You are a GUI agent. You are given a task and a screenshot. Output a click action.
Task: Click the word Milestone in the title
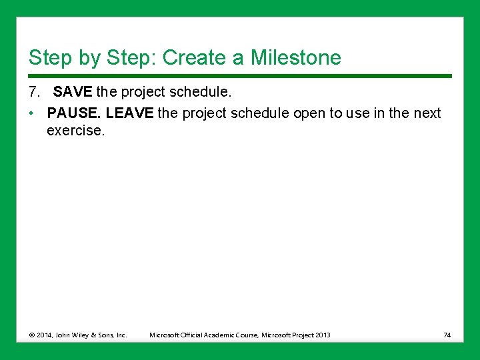pos(295,58)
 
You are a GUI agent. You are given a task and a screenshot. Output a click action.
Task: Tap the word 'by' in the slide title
pos(89,58)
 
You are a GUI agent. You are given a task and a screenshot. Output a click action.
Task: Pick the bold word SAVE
pos(73,91)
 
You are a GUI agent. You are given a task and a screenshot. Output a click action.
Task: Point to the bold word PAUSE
pos(73,113)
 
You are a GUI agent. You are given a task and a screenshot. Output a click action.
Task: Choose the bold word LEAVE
pos(129,113)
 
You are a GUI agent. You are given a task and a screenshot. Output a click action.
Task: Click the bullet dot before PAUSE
pos(32,113)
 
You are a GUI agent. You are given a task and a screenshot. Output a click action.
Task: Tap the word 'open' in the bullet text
pos(309,113)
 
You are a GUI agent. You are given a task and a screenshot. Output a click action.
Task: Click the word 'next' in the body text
pos(427,113)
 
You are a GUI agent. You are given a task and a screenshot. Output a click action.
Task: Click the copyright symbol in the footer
pos(31,335)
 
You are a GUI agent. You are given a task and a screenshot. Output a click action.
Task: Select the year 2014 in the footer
pos(43,335)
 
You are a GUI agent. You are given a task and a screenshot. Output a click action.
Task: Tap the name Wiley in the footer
pos(83,335)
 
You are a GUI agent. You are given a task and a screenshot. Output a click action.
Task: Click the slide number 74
pos(447,335)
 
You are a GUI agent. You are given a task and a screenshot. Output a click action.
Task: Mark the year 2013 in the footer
pos(323,335)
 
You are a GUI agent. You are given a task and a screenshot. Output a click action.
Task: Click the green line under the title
pos(240,75)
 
